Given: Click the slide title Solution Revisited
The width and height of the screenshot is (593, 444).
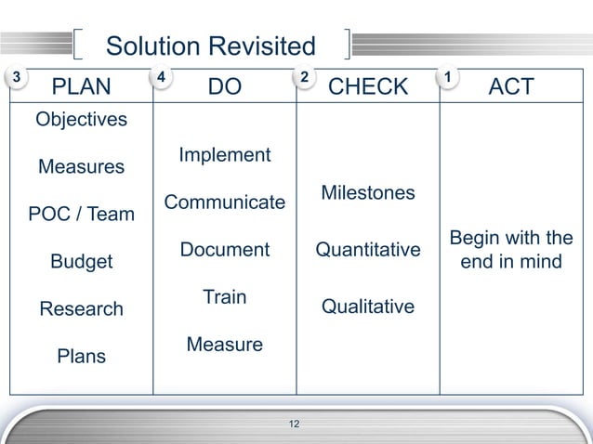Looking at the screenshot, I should tap(211, 46).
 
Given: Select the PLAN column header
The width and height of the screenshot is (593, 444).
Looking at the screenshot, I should tap(82, 87).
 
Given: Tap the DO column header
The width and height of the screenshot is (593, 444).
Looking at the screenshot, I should tap(224, 87).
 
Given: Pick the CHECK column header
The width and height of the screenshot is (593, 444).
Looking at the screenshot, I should tap(368, 87).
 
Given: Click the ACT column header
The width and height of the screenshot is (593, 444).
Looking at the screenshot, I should tap(511, 87).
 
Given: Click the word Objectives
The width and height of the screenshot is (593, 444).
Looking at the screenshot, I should tap(81, 120).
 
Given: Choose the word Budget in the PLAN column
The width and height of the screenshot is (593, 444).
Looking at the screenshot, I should tap(81, 262).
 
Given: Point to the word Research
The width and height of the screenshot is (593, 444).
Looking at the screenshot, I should tap(81, 309).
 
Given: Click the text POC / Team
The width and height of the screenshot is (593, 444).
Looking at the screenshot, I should tap(81, 215).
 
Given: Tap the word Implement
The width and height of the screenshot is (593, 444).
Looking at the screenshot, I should tap(224, 155).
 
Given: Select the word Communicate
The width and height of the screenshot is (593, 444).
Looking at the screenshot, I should tap(224, 202).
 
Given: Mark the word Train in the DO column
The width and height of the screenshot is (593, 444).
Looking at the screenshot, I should tap(224, 297).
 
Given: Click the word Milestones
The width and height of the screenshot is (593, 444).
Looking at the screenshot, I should tap(367, 193).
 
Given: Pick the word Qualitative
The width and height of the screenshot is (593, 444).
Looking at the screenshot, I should tap(367, 307).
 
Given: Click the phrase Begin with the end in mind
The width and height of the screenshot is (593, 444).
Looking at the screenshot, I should tap(511, 250).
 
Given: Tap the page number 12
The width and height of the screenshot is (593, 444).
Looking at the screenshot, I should tap(296, 425).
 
